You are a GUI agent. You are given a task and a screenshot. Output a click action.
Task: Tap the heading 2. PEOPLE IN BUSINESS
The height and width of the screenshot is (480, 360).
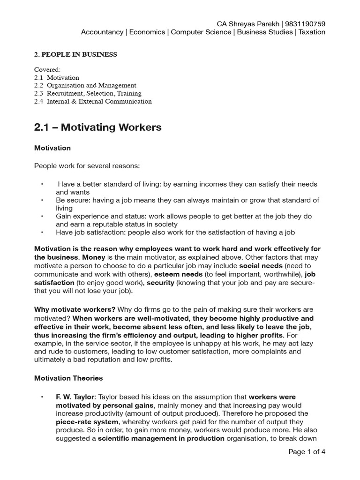75,55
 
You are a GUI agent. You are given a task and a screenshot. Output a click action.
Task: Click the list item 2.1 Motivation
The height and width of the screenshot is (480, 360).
57,78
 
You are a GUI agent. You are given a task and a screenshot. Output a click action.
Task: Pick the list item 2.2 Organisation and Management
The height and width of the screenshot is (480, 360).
85,86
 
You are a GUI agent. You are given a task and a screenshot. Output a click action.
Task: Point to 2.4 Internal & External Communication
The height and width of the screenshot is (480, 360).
93,101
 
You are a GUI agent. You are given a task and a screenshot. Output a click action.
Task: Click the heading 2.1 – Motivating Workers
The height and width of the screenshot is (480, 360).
98,127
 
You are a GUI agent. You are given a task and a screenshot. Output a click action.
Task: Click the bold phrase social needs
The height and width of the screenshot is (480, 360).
261,266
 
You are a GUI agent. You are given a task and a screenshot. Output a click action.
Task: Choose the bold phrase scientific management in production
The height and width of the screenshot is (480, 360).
161,439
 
